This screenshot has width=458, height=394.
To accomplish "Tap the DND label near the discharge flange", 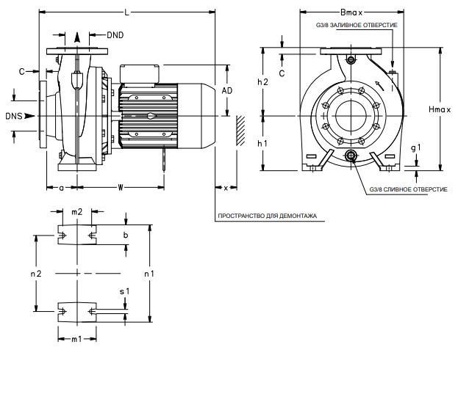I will click(115, 34).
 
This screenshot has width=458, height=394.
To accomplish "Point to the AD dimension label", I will click(227, 90).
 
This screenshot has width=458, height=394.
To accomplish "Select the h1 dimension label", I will click(262, 144).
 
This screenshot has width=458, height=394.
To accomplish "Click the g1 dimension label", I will click(416, 148).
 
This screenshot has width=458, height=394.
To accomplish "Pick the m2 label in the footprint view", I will click(76, 212).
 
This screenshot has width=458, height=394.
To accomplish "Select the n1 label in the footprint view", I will click(149, 274).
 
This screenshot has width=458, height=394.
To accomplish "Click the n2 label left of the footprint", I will click(35, 274).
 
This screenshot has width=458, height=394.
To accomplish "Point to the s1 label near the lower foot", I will click(125, 291).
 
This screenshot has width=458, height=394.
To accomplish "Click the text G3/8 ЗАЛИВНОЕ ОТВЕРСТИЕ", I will click(357, 26).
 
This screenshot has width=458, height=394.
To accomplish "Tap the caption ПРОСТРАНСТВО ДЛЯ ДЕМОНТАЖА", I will click(266, 216).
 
